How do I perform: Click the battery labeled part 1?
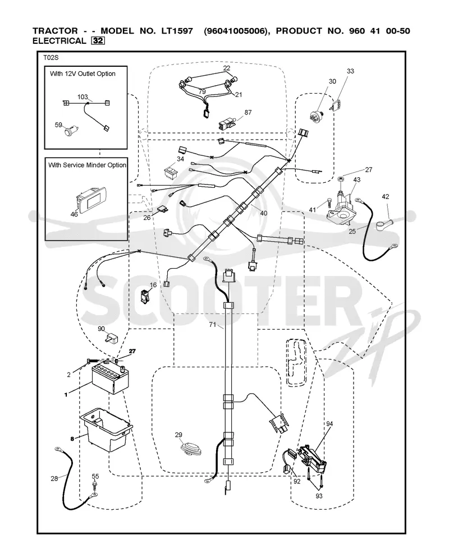[111, 380]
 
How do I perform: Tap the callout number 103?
[83, 97]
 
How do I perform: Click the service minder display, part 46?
[91, 200]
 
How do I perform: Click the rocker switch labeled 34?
[173, 172]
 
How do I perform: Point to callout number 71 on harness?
[213, 324]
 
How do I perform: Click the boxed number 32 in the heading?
[98, 40]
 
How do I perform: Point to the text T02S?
[51, 58]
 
